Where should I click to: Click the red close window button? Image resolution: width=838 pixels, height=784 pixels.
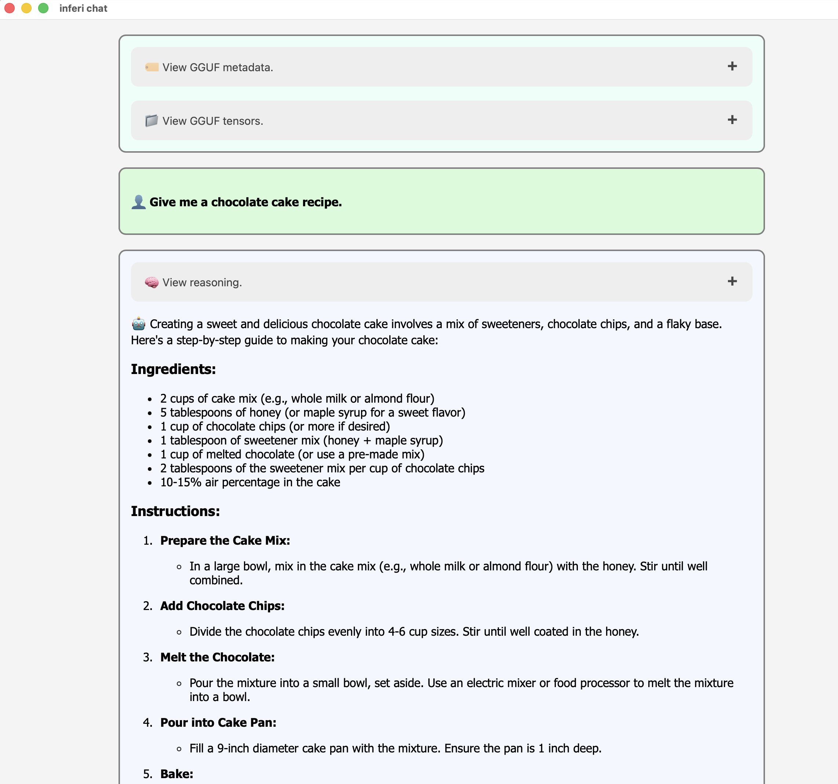pyautogui.click(x=10, y=8)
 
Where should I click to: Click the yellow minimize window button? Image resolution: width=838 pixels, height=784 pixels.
pyautogui.click(x=26, y=8)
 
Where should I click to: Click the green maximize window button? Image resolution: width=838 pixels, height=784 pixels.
pyautogui.click(x=43, y=8)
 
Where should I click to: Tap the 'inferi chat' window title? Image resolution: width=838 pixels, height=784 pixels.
pyautogui.click(x=83, y=8)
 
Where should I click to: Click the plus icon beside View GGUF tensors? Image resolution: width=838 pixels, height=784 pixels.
pyautogui.click(x=732, y=120)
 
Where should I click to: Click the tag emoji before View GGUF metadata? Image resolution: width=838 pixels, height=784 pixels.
pyautogui.click(x=151, y=67)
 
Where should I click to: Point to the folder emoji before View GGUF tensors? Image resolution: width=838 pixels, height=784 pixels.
pyautogui.click(x=151, y=121)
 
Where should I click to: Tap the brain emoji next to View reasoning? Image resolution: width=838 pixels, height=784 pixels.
pyautogui.click(x=151, y=282)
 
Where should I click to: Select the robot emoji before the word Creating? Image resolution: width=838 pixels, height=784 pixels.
pyautogui.click(x=139, y=324)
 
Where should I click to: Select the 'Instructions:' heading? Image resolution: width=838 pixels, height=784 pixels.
pyautogui.click(x=175, y=511)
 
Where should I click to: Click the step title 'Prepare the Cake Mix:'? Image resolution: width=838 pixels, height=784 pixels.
pyautogui.click(x=225, y=541)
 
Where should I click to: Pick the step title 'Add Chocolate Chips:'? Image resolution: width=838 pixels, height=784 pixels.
pyautogui.click(x=222, y=606)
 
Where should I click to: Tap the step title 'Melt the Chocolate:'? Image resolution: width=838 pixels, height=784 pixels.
pyautogui.click(x=218, y=657)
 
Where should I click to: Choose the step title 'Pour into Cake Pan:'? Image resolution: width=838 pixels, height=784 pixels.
pyautogui.click(x=218, y=723)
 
